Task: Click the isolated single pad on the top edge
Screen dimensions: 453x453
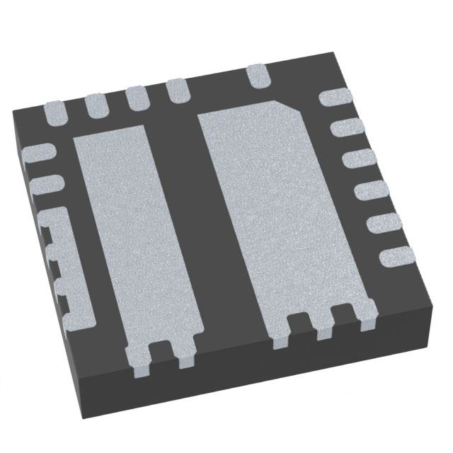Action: tap(257, 74)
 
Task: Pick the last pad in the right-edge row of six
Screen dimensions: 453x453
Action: tap(394, 256)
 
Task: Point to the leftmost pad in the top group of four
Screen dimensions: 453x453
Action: tap(57, 112)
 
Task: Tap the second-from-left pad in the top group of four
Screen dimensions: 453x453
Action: tap(96, 105)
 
